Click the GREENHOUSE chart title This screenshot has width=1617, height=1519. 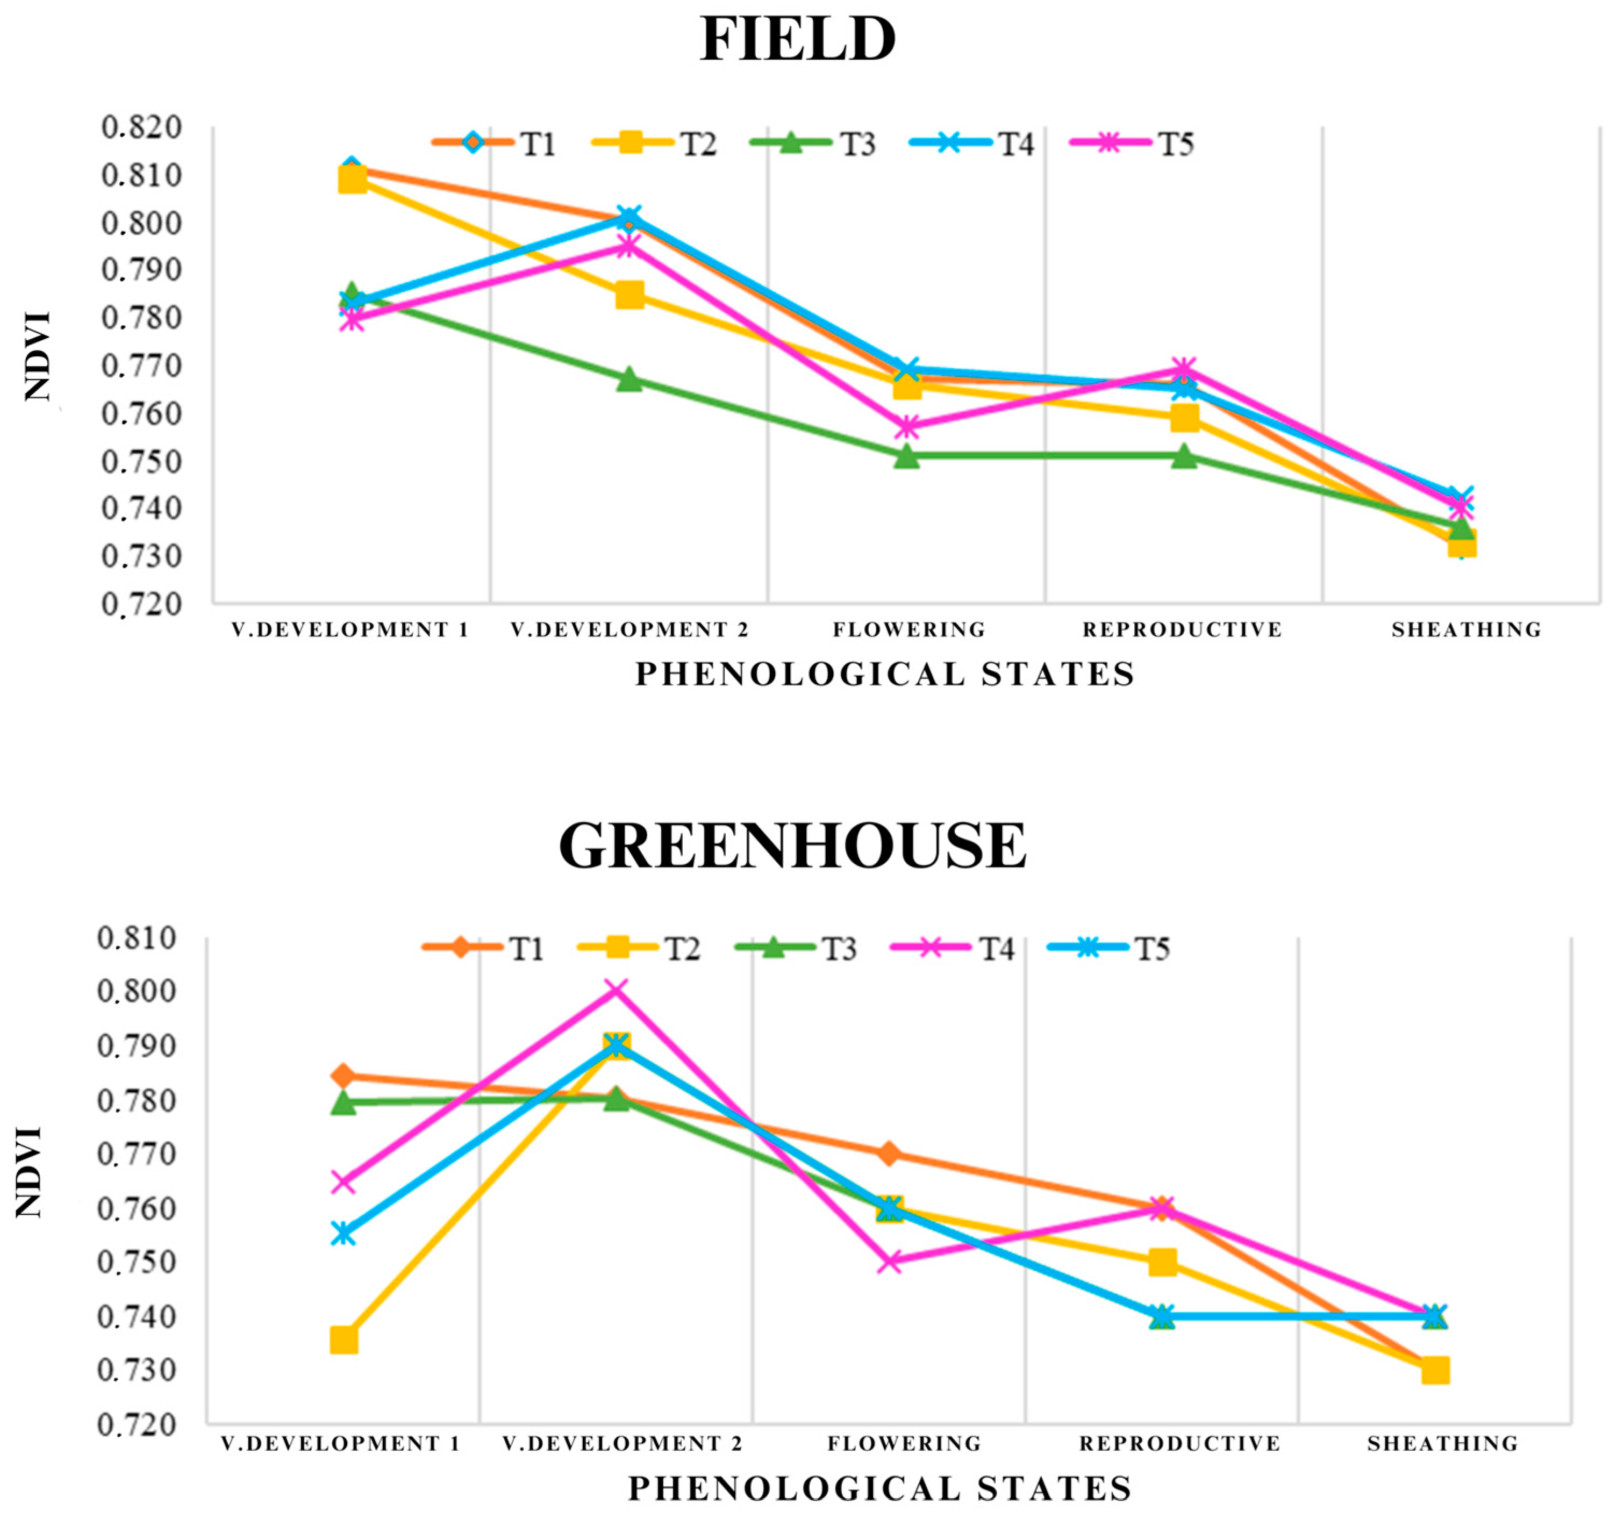(792, 846)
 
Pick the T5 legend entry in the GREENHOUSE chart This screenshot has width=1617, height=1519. (1110, 948)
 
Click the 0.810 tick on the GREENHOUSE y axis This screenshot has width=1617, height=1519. (136, 937)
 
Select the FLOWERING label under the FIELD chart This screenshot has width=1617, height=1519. (908, 629)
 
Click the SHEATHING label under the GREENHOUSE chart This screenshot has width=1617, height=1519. (1442, 1443)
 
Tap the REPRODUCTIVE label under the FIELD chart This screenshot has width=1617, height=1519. (1182, 629)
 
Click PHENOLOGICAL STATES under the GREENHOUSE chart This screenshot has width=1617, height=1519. (880, 1488)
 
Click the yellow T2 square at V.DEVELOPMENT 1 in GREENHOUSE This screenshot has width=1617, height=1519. (344, 1340)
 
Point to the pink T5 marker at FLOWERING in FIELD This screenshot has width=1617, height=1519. (908, 427)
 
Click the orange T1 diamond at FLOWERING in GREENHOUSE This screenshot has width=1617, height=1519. (889, 1153)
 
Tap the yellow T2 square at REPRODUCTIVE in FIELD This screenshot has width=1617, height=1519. (1184, 418)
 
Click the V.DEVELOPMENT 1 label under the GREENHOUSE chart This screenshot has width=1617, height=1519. (341, 1443)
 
